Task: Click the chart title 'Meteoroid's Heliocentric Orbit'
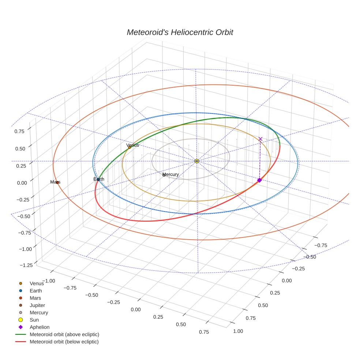coord(180,32)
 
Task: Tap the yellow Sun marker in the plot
coord(197,161)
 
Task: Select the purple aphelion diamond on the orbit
coord(259,180)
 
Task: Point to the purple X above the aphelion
coord(260,139)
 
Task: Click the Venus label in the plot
coord(132,145)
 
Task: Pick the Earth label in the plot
coord(99,179)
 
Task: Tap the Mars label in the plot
coord(55,182)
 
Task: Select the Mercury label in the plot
coord(170,175)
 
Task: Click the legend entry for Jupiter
coord(37,305)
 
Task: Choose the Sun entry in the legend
coord(34,320)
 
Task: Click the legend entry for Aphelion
coord(39,327)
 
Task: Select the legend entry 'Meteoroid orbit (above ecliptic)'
coord(64,334)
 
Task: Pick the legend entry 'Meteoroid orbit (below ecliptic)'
coord(64,342)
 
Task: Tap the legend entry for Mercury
coord(39,312)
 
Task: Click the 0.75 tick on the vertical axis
coord(20,131)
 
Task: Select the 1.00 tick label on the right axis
coord(238,331)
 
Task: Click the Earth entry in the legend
coord(36,290)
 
